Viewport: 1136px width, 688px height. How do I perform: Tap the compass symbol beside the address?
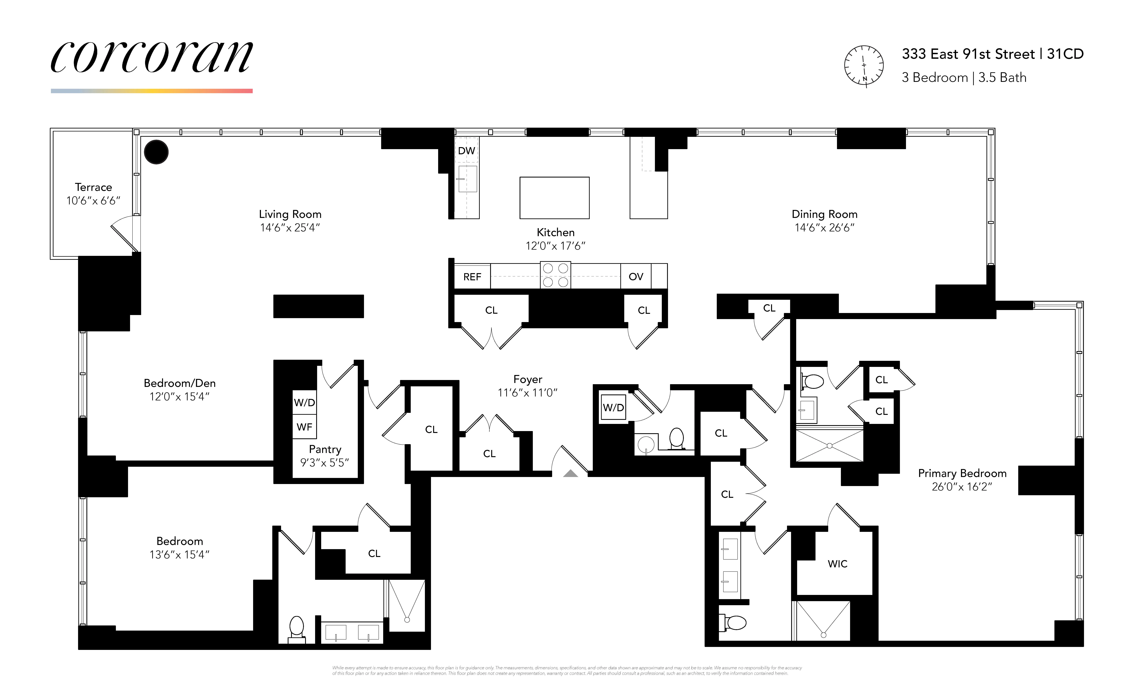[x=864, y=66]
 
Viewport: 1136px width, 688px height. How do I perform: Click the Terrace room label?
[x=94, y=187]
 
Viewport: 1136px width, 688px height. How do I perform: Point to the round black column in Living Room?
[x=156, y=152]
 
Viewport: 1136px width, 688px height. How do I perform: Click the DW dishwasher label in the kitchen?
[x=466, y=151]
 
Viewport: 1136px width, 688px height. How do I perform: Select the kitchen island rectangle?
[x=554, y=198]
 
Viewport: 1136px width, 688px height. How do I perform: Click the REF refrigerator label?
[x=472, y=277]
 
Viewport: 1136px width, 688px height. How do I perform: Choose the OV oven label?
[x=636, y=277]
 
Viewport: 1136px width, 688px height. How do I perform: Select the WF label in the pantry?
[x=304, y=427]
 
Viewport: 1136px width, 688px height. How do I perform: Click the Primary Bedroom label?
[x=962, y=473]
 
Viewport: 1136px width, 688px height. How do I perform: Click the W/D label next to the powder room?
[x=613, y=408]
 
